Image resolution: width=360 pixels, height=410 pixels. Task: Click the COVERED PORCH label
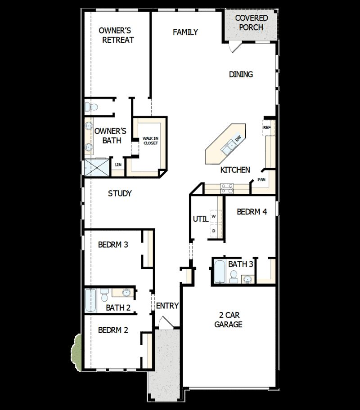point(252,22)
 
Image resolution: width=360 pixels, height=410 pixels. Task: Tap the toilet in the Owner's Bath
point(91,107)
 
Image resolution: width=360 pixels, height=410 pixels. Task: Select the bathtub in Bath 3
point(219,272)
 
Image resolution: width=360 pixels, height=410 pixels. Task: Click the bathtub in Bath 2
point(91,301)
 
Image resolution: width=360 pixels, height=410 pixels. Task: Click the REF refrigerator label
point(266,128)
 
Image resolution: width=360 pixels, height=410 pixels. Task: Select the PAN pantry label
point(261,180)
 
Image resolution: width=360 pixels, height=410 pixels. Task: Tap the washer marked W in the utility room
point(214,217)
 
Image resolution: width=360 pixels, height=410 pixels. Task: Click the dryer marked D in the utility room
point(214,231)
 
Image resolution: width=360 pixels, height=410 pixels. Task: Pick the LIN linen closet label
point(118,165)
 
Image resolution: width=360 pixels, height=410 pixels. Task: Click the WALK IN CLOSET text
point(150,141)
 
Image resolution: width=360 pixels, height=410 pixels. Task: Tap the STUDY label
point(120,194)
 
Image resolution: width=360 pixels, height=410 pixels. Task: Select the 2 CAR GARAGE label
point(228,320)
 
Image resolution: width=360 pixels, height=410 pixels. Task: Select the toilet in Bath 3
point(234,277)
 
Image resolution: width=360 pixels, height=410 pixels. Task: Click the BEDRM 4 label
point(252,211)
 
